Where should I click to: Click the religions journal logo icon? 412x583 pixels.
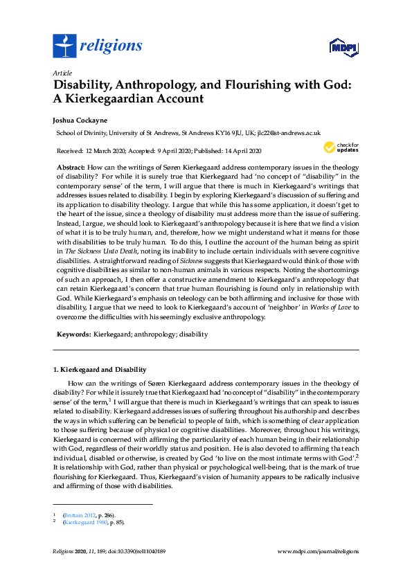pyautogui.click(x=64, y=46)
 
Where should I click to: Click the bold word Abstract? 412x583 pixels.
pyautogui.click(x=71, y=168)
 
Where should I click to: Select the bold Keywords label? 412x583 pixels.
pyautogui.click(x=73, y=334)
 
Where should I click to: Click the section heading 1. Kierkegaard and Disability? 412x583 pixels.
pyautogui.click(x=100, y=370)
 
